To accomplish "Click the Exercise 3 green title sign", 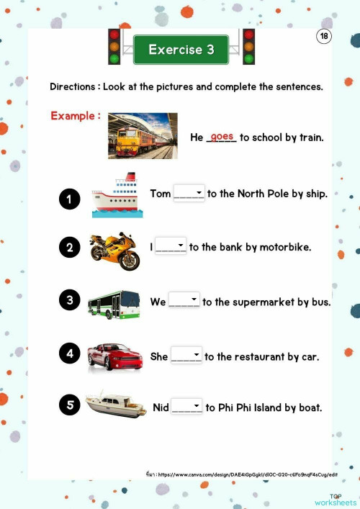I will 181,50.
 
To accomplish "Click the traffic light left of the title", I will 114,47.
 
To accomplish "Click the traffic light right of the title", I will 248,47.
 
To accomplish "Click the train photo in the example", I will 143,135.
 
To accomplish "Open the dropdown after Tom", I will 189,194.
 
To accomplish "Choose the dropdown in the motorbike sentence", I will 171,247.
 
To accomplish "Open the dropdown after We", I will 184,302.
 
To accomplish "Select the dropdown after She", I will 186,356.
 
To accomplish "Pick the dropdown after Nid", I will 187,407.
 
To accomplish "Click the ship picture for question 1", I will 117,195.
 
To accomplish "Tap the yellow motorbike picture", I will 114,250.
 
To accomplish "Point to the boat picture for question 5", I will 116,405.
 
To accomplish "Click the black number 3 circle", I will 69,301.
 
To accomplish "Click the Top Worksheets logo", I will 342,500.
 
